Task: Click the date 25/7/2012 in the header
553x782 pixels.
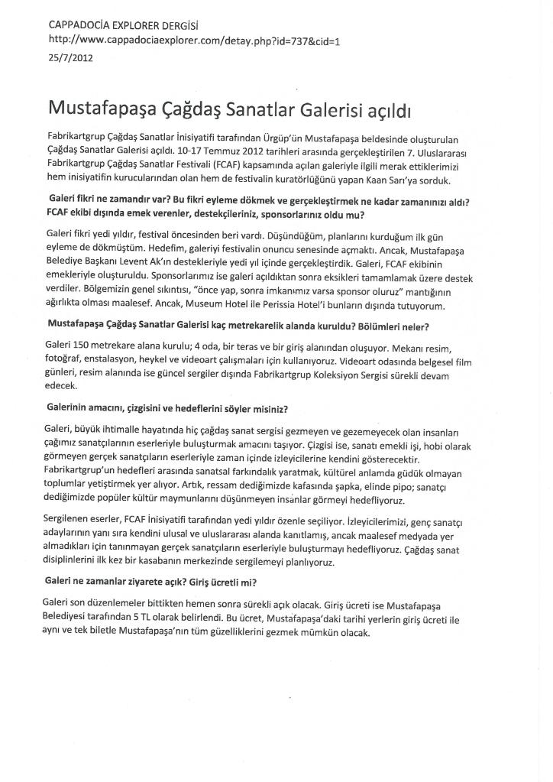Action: pyautogui.click(x=70, y=57)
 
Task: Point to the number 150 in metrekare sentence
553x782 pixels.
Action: pyautogui.click(x=86, y=345)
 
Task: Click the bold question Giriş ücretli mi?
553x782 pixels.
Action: pyautogui.click(x=247, y=583)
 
